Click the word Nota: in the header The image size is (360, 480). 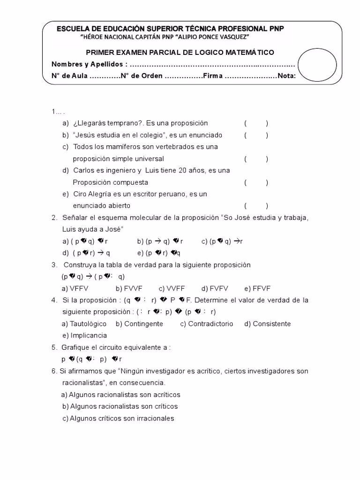click(286, 76)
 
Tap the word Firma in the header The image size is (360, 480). click(212, 76)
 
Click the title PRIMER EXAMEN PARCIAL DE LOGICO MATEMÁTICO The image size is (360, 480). click(180, 52)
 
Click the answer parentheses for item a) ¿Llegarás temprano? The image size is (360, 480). click(256, 123)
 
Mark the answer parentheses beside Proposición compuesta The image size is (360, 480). click(256, 182)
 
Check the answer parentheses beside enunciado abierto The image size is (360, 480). click(256, 206)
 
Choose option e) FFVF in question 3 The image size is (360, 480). click(257, 288)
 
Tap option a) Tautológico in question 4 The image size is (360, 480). click(84, 324)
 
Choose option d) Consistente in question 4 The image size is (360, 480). click(267, 324)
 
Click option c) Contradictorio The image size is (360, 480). click(206, 324)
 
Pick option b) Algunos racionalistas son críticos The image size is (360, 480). click(120, 406)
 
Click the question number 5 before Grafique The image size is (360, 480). click(54, 347)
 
